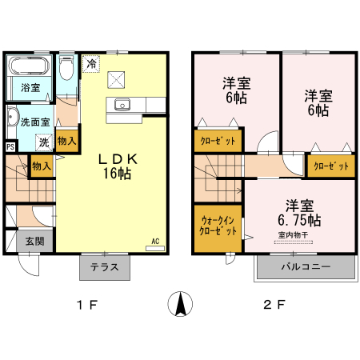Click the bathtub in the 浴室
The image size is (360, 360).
pyautogui.click(x=29, y=66)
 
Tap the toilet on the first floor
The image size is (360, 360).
pyautogui.click(x=66, y=68)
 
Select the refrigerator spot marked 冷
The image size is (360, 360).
pyautogui.click(x=91, y=64)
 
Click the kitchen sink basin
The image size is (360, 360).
pyautogui.click(x=122, y=104)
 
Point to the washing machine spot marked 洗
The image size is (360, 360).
pyautogui.click(x=44, y=142)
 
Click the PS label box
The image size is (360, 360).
pyautogui.click(x=10, y=146)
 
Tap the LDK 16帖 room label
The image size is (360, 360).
pyautogui.click(x=118, y=166)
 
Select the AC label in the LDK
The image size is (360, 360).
pyautogui.click(x=155, y=242)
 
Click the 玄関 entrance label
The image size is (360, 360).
pyautogui.click(x=35, y=241)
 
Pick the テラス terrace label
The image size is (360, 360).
pyautogui.click(x=104, y=267)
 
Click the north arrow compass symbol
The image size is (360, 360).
pyautogui.click(x=180, y=304)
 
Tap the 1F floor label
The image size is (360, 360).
pyautogui.click(x=87, y=305)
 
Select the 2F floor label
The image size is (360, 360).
pyautogui.click(x=274, y=305)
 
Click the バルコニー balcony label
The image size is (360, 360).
pyautogui.click(x=306, y=266)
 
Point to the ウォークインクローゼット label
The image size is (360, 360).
pyautogui.click(x=218, y=226)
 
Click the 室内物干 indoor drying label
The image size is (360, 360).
pyautogui.click(x=293, y=235)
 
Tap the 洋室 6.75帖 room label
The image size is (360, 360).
pyautogui.click(x=299, y=213)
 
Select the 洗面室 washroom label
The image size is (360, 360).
pyautogui.click(x=35, y=122)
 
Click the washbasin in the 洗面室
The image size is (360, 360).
pyautogui.click(x=12, y=117)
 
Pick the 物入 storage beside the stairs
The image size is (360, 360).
pyautogui.click(x=42, y=166)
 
